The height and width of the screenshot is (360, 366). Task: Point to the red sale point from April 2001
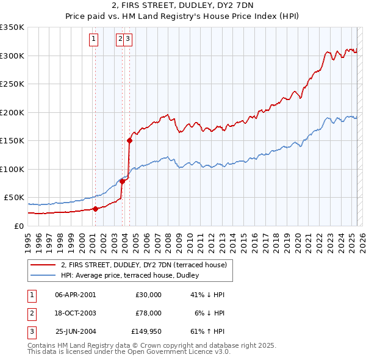[x=95, y=209]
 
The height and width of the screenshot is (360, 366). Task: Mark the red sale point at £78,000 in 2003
[x=123, y=181]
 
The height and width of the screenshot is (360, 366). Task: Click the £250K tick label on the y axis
[x=12, y=84]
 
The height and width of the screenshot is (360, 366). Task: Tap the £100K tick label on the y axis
[x=12, y=169]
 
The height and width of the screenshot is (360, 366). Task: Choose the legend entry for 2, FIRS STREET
[x=143, y=265]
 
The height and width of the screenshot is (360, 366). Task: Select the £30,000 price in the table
[x=148, y=295]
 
